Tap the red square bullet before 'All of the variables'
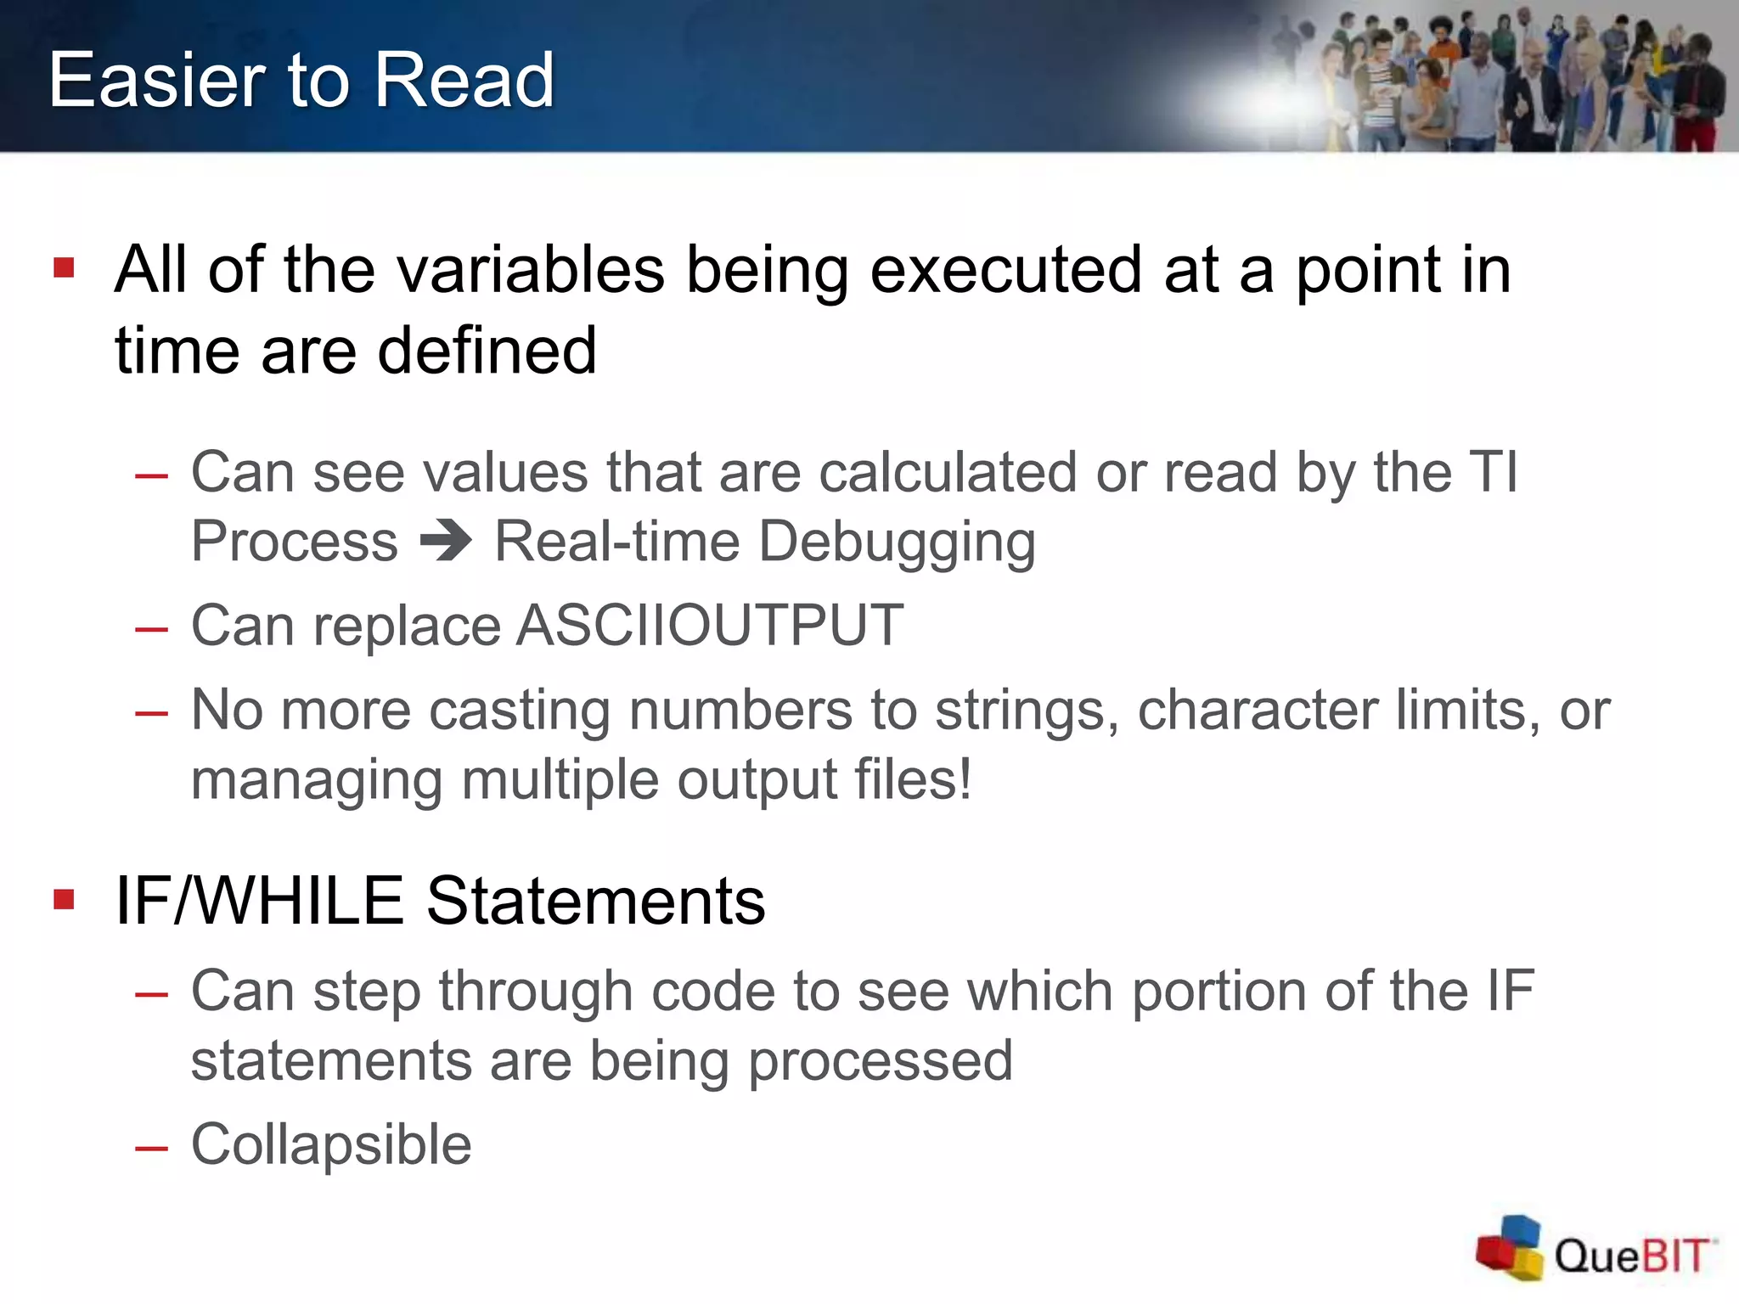[x=64, y=269]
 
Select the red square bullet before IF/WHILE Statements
[x=64, y=899]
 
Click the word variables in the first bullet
[x=531, y=270]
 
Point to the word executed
[x=1005, y=270]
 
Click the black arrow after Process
[x=446, y=540]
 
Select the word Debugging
[x=897, y=543]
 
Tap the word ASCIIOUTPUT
[x=710, y=626]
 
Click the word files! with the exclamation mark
[x=912, y=779]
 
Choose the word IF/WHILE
[x=259, y=901]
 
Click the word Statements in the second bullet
[x=595, y=901]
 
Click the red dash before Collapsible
[x=151, y=1148]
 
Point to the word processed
[x=881, y=1061]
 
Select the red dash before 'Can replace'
[x=151, y=629]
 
